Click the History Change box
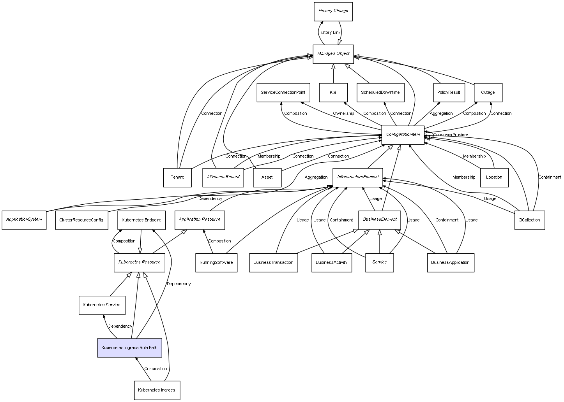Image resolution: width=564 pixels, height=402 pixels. [x=333, y=11]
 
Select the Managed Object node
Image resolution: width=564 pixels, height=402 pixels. [x=333, y=54]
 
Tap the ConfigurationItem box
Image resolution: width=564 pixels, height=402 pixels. [x=403, y=135]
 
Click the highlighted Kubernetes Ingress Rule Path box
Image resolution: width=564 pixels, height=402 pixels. [x=129, y=348]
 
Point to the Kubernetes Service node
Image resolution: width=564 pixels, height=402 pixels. [x=102, y=305]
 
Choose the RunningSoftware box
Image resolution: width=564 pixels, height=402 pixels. [x=216, y=262]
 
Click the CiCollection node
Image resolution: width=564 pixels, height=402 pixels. [x=529, y=220]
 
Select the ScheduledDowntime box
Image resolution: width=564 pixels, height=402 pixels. [x=380, y=93]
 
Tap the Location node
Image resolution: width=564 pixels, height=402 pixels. [x=494, y=177]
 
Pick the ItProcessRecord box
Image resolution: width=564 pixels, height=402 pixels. [x=223, y=177]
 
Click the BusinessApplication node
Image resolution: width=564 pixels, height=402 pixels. [x=450, y=262]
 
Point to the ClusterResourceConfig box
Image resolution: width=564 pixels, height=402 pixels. [x=81, y=220]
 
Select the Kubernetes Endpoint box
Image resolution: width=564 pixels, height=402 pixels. [x=141, y=220]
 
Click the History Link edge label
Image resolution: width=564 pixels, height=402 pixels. [x=329, y=32]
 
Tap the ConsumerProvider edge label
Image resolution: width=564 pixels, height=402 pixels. [x=451, y=135]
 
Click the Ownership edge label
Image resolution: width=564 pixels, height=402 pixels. [x=343, y=113]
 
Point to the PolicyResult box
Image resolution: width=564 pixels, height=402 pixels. [x=449, y=93]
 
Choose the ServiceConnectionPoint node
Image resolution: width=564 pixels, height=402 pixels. [x=283, y=93]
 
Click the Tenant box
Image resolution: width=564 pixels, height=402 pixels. [x=177, y=177]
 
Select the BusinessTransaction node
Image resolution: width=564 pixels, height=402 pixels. [x=273, y=262]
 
